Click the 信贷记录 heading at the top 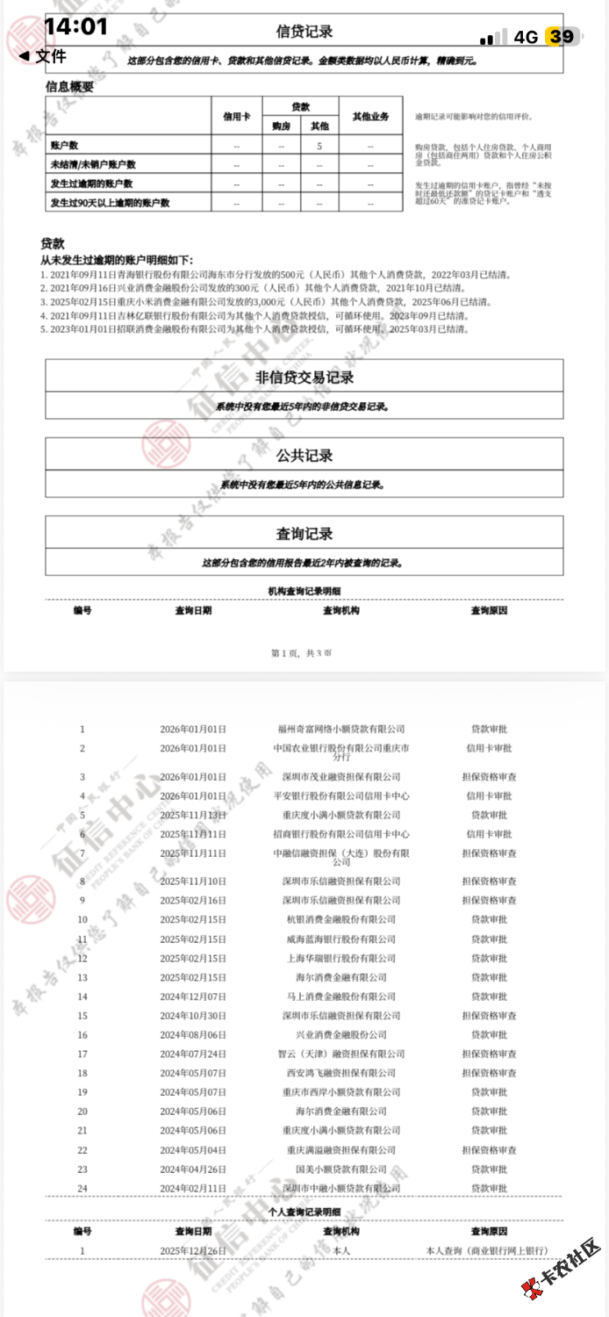304,32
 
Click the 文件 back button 42,56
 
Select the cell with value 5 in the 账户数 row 319,146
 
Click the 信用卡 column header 237,115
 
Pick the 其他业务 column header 370,115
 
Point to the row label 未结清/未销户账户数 92,164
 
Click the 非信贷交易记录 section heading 304,378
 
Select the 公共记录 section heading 304,456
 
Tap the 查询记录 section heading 304,534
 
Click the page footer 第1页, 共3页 302,653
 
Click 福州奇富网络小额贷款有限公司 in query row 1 341,729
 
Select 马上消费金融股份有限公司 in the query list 341,997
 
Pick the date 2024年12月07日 193,997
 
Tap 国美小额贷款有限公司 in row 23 341,1169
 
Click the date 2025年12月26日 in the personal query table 193,1250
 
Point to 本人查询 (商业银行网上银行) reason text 486,1250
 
